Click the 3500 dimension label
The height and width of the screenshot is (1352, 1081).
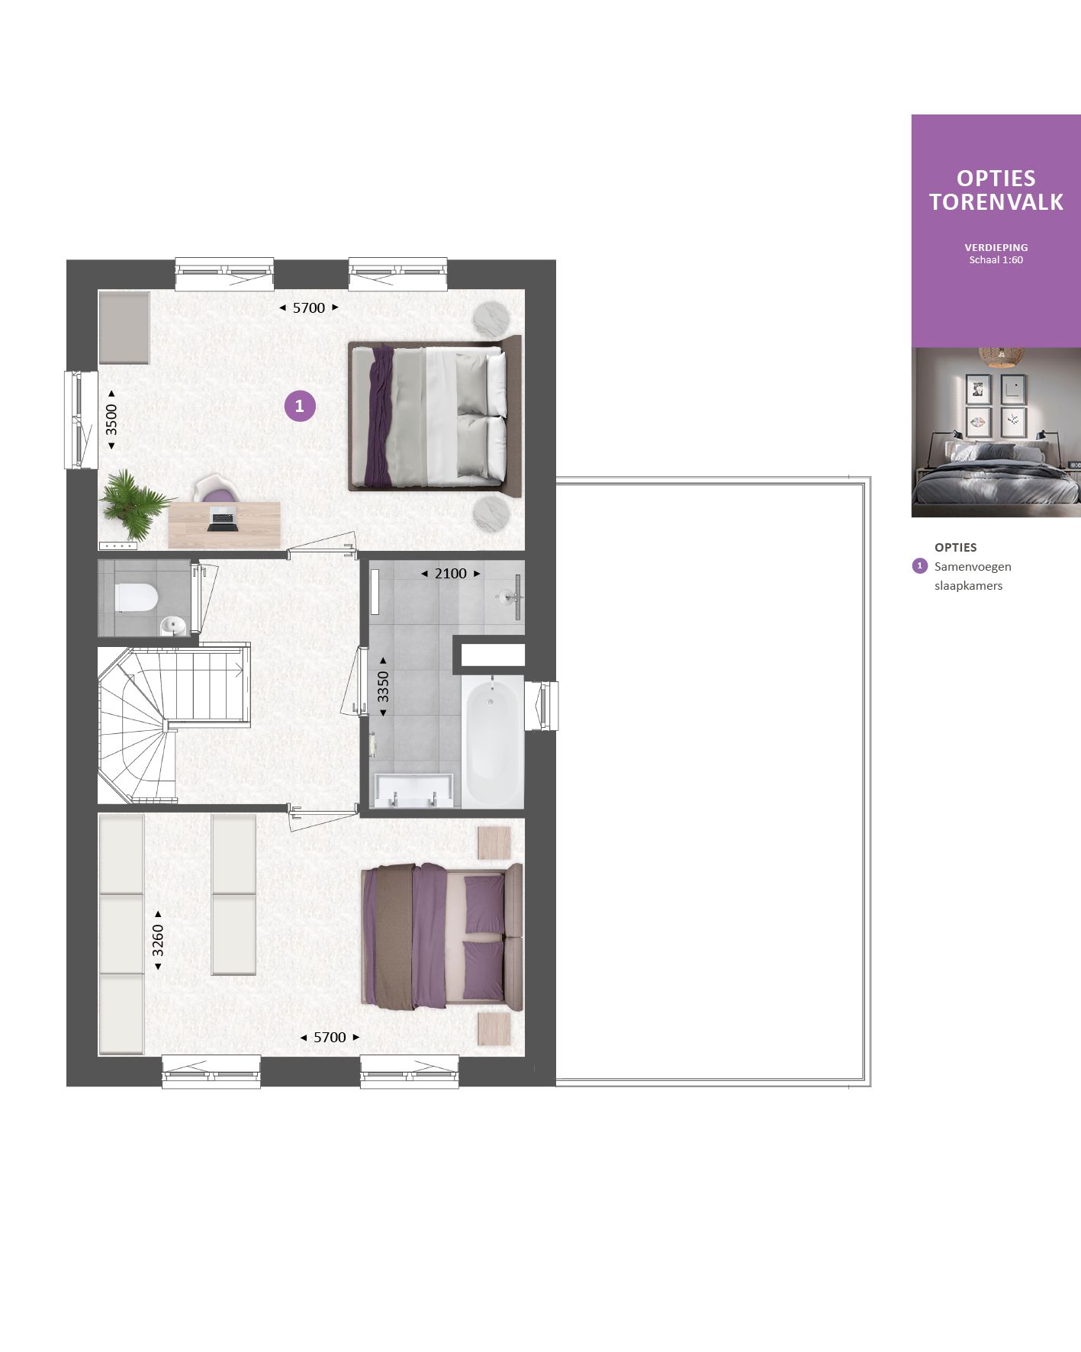click(x=111, y=419)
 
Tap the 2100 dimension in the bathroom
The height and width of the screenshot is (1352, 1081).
click(x=450, y=574)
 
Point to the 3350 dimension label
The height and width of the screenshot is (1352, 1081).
click(x=383, y=686)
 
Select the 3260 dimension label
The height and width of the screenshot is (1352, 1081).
click(x=158, y=940)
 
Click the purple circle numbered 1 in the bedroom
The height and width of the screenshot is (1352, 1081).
click(x=300, y=406)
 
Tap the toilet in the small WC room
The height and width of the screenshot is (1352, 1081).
click(x=136, y=597)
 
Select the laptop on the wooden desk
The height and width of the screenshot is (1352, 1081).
click(x=221, y=521)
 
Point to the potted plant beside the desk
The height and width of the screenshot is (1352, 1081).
click(x=134, y=504)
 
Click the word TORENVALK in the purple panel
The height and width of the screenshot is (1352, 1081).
click(x=996, y=202)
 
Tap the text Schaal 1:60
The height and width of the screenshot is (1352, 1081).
click(x=996, y=260)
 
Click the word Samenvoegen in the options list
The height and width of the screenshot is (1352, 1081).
click(x=973, y=567)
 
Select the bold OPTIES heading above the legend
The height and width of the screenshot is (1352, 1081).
click(x=955, y=547)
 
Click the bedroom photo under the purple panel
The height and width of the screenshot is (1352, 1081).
click(x=996, y=433)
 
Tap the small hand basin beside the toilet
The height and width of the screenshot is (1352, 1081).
click(x=172, y=626)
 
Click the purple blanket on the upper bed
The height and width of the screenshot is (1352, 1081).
click(x=378, y=417)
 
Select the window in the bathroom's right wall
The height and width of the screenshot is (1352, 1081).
click(x=543, y=706)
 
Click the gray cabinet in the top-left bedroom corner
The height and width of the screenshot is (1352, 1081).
click(x=124, y=327)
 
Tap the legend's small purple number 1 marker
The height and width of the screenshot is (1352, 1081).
click(x=919, y=566)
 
